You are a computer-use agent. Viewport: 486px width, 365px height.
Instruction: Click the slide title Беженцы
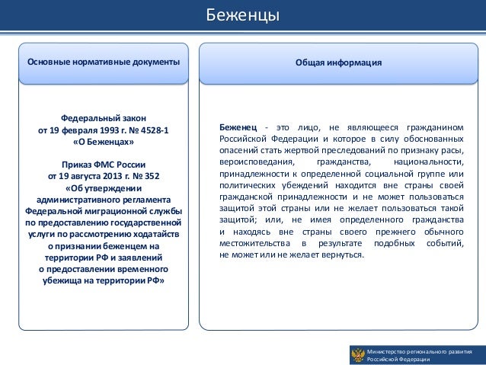pos(243,17)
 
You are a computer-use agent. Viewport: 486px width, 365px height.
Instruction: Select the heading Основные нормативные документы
pos(104,62)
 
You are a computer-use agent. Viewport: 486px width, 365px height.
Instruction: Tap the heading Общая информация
pos(338,62)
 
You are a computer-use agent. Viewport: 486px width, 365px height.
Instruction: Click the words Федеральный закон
pos(104,119)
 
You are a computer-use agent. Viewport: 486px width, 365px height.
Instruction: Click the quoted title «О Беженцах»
pos(104,142)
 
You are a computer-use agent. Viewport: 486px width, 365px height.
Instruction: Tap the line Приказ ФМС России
pos(104,165)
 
